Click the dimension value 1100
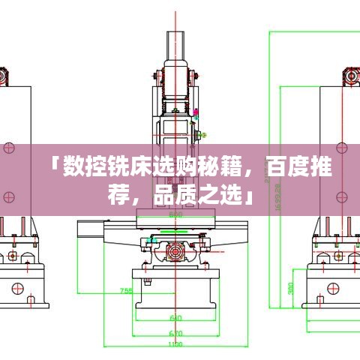(175, 344)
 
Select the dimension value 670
(175, 332)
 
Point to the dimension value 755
(127, 291)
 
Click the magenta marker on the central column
(196, 112)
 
